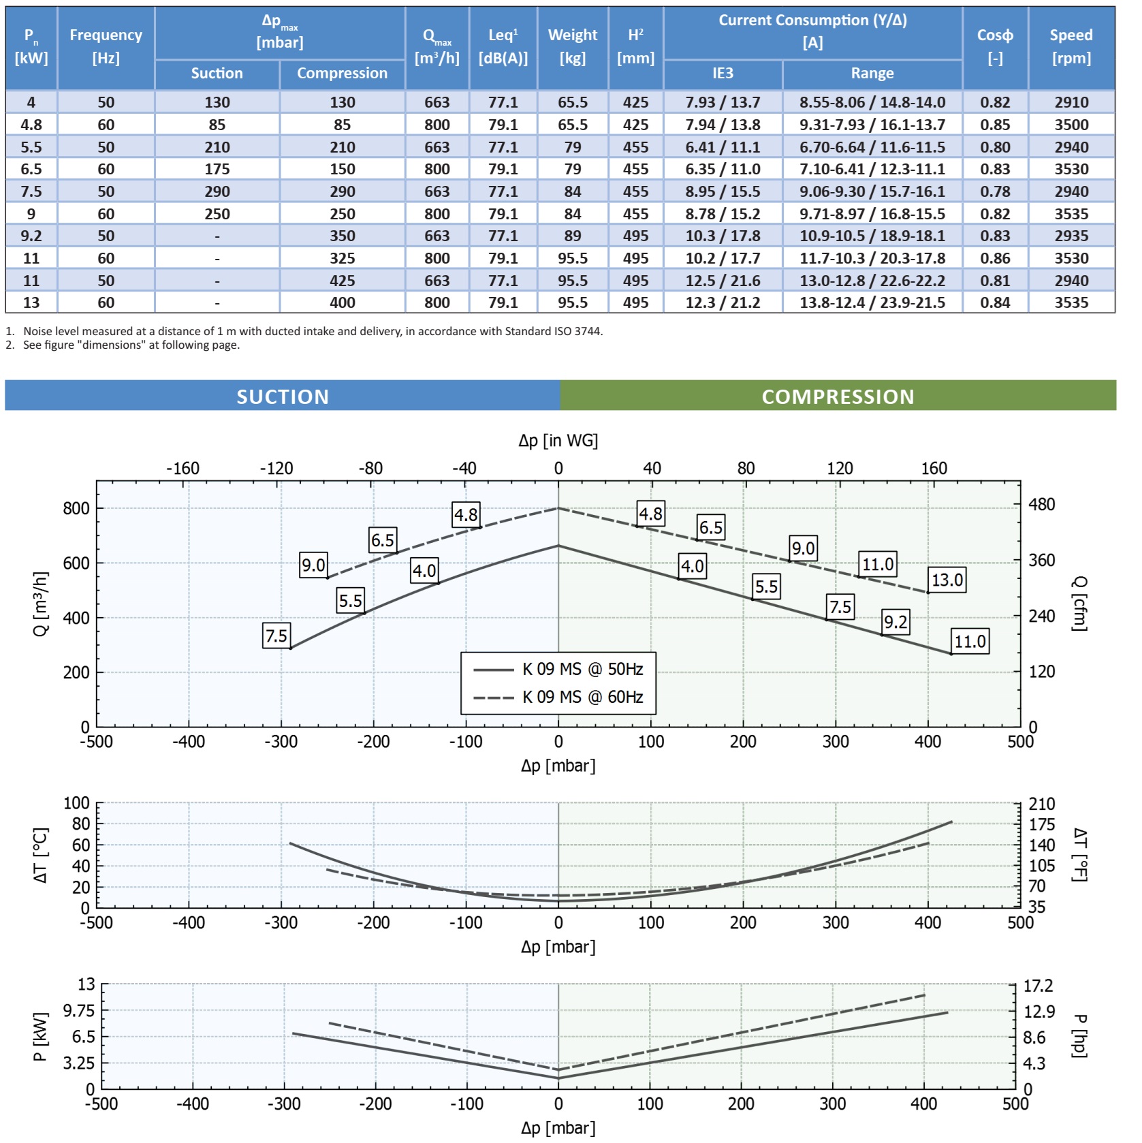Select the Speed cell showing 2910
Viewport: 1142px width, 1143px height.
coord(1071,102)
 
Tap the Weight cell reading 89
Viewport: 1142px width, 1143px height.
coord(572,236)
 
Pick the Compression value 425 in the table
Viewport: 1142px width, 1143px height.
coord(342,281)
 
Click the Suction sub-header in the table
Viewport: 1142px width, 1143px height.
coord(217,74)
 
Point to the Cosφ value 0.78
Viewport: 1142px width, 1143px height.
coord(995,191)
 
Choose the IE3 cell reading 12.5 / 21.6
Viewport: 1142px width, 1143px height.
coord(723,281)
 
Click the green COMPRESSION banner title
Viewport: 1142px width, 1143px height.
coord(838,396)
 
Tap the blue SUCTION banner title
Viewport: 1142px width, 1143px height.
coord(283,396)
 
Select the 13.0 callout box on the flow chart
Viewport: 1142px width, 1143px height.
coord(947,580)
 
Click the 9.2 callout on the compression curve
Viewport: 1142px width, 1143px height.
coord(895,622)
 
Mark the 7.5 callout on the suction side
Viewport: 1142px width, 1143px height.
coord(276,636)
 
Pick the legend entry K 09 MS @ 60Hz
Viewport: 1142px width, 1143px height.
coord(582,697)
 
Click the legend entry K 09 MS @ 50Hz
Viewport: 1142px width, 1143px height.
coord(582,669)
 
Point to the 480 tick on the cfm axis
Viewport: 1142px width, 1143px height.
coord(1041,505)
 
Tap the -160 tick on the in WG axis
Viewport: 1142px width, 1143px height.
coord(183,469)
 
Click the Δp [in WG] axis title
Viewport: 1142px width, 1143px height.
coord(558,441)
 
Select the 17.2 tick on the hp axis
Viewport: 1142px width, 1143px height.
coord(1038,986)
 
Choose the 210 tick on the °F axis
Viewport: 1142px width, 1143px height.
coord(1041,804)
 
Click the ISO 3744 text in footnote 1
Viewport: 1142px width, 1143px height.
coord(577,332)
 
